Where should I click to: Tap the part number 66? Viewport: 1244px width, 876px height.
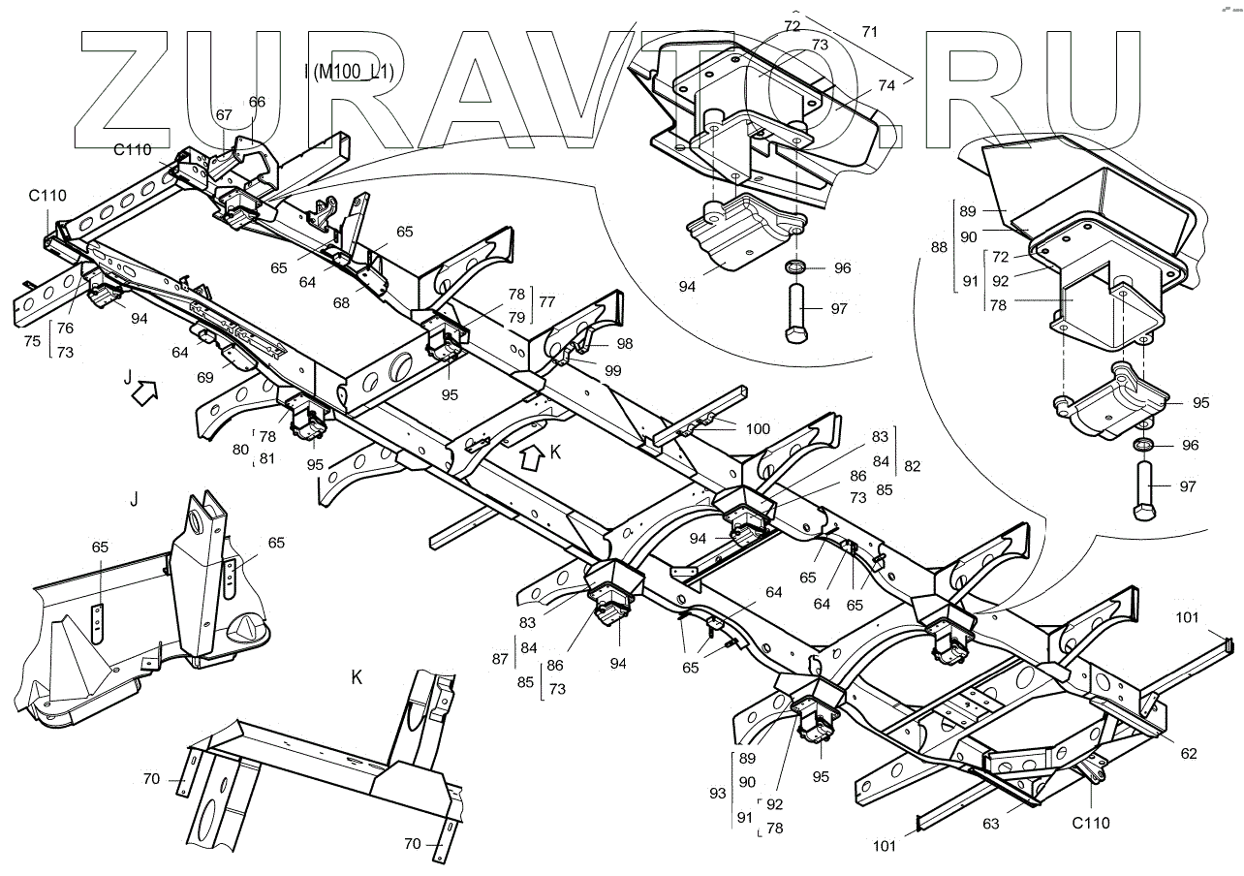(x=257, y=102)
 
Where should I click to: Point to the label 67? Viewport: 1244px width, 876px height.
(x=224, y=114)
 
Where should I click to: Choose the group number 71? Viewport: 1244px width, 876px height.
(x=870, y=32)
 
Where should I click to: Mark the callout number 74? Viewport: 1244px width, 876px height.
(x=886, y=85)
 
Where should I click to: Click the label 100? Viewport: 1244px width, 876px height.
(x=758, y=427)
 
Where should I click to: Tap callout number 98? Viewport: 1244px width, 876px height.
(x=624, y=344)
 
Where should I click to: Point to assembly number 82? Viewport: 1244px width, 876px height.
(x=912, y=466)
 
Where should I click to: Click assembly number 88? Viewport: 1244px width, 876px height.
(x=939, y=247)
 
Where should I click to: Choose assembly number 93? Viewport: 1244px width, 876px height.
(x=717, y=793)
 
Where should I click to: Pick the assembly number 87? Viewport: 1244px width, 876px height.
(x=500, y=659)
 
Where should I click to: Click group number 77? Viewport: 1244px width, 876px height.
(x=547, y=302)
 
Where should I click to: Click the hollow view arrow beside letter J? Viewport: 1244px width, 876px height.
(x=143, y=392)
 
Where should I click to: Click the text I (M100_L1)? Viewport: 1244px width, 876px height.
(x=353, y=73)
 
